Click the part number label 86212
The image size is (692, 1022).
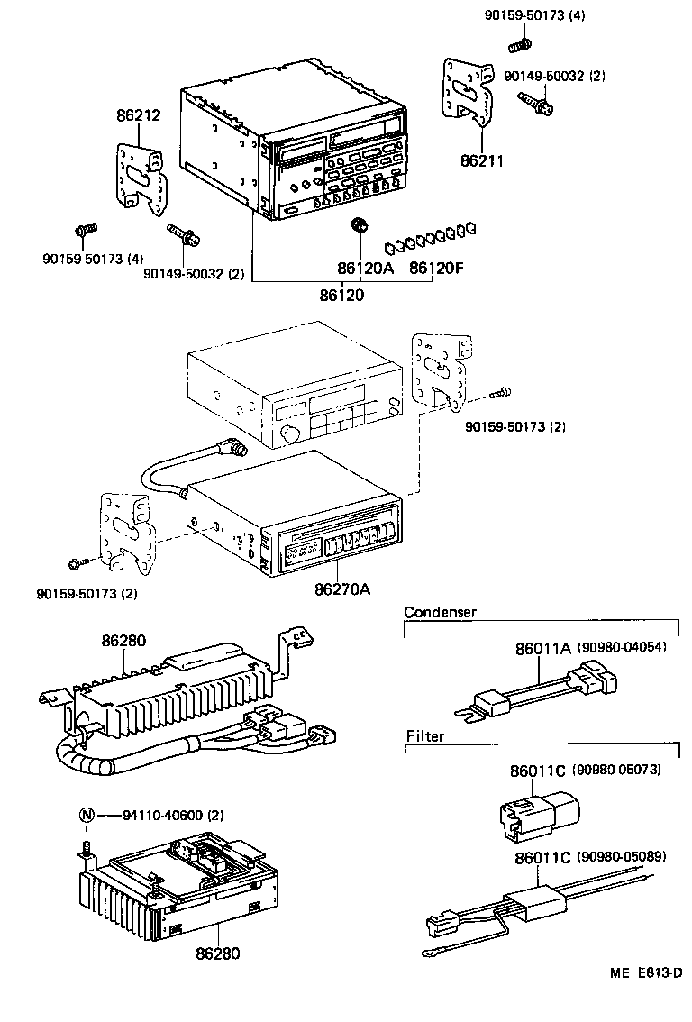(x=138, y=115)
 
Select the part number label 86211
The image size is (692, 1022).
(x=481, y=161)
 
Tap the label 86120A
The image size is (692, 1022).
(x=366, y=268)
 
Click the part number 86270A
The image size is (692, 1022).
(x=343, y=591)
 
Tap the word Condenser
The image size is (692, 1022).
(x=440, y=612)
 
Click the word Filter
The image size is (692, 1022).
(x=424, y=736)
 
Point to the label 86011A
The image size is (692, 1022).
(x=542, y=648)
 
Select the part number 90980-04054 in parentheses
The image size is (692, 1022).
(x=623, y=648)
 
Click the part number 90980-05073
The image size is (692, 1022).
(x=618, y=771)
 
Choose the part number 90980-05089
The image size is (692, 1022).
(x=622, y=856)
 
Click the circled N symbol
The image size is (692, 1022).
(x=86, y=816)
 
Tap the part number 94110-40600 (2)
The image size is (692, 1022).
(x=174, y=816)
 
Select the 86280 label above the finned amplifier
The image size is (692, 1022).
(x=123, y=642)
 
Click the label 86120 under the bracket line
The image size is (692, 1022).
(x=342, y=294)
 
